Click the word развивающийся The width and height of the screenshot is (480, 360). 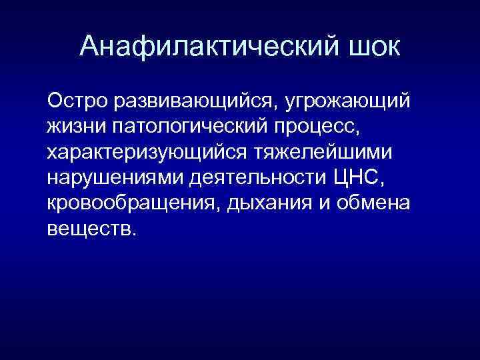tap(196, 103)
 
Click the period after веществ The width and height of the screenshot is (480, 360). tap(135, 234)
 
